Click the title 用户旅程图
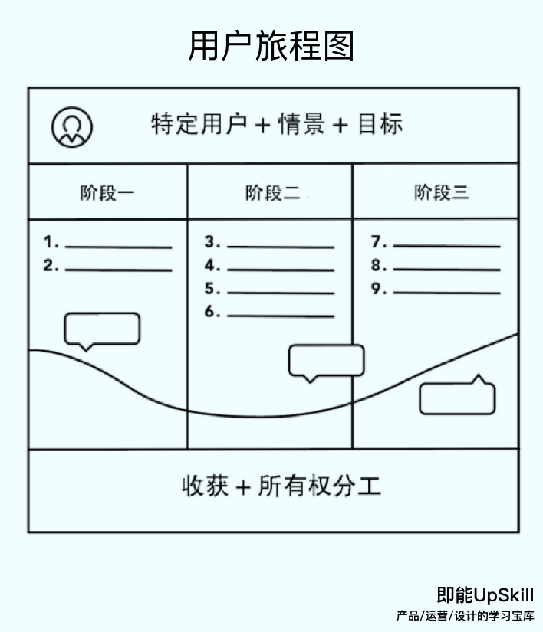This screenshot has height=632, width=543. (271, 46)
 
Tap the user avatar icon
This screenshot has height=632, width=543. (72, 126)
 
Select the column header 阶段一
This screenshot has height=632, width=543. (107, 192)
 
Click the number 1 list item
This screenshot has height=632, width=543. (108, 244)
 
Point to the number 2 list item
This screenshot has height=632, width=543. (108, 267)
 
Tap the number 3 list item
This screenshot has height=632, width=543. (270, 244)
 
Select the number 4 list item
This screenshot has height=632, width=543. (270, 267)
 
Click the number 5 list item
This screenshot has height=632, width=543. (270, 290)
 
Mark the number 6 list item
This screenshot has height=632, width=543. (270, 313)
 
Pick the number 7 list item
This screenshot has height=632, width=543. (436, 244)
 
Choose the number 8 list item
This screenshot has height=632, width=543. (436, 267)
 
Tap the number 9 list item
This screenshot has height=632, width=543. (436, 290)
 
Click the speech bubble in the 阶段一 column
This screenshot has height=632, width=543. (102, 329)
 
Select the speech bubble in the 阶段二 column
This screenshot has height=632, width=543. (326, 361)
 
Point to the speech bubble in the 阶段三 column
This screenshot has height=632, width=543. (457, 398)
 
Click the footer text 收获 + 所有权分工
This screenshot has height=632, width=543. (281, 486)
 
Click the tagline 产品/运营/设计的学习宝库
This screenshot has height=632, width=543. (466, 616)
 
